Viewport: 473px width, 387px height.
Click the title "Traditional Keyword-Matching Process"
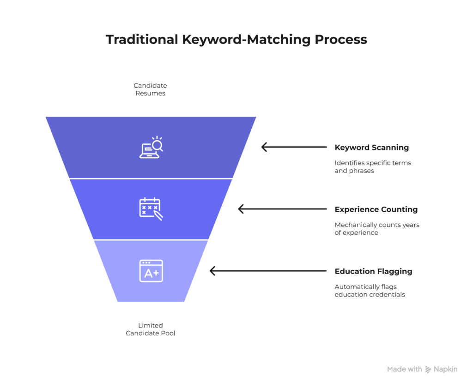(236, 40)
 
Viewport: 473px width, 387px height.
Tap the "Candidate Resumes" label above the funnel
(150, 89)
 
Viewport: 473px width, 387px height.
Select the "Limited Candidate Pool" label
(150, 329)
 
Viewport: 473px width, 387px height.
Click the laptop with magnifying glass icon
(151, 148)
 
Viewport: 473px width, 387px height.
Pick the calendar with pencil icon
(151, 209)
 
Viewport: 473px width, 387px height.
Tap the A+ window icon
(151, 271)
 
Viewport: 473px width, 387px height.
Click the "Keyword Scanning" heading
(371, 148)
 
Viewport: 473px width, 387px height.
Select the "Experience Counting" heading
(376, 209)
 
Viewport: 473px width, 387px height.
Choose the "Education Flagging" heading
(373, 271)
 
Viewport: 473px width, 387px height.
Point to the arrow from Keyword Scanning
(294, 147)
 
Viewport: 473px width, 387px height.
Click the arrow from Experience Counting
(282, 209)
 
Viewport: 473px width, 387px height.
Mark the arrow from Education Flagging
(268, 271)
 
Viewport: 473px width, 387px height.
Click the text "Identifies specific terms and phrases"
(372, 167)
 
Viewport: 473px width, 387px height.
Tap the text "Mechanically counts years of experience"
(376, 229)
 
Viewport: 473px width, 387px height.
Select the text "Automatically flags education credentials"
(370, 291)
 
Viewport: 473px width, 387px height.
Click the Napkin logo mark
(428, 369)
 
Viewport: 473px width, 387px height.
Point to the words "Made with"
(404, 369)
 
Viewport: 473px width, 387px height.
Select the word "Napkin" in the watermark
(445, 369)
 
